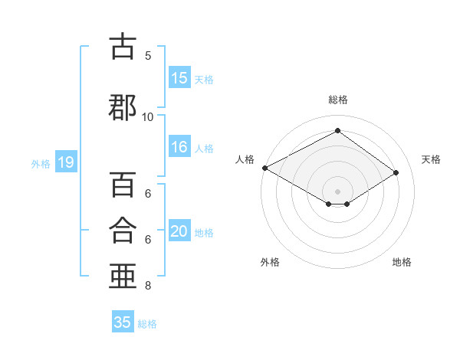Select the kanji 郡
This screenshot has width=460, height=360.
coord(123,107)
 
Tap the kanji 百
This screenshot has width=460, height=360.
coord(123,185)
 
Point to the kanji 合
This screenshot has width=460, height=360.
coord(123,230)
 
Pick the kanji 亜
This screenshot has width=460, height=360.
coord(123,276)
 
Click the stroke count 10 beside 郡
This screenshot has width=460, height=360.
coord(147,117)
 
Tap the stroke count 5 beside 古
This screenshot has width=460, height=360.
coord(148,56)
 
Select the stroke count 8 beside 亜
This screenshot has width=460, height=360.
coord(148,286)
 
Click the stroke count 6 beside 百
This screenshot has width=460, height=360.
coord(148,194)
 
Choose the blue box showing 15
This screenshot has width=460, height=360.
coord(179,77)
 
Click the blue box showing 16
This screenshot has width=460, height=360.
coord(179,146)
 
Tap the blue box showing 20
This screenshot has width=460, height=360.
coord(179,230)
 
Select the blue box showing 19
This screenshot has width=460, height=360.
coord(66,162)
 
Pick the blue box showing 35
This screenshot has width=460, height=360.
coord(123,321)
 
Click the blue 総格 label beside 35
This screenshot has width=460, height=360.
coord(147,324)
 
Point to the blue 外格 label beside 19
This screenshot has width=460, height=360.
coord(41,164)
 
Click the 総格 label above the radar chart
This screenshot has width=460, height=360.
coord(338,100)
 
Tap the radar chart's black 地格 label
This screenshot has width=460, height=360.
coord(402,262)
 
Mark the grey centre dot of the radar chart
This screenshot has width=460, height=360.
coord(337,191)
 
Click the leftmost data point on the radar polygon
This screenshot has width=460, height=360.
coord(265,168)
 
